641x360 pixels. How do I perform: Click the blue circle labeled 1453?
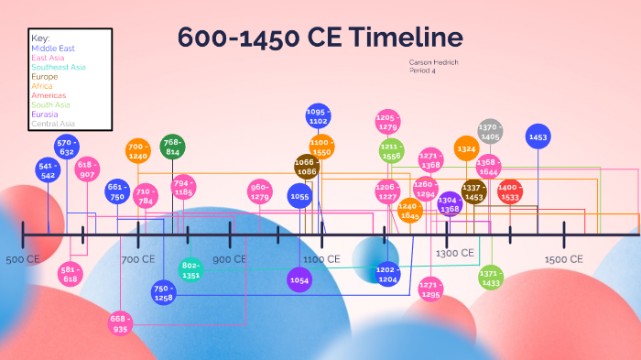tap(538, 136)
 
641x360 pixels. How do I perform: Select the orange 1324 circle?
tap(467, 148)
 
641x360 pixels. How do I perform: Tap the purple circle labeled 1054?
tap(299, 279)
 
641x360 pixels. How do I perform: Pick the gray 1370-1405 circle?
tap(490, 131)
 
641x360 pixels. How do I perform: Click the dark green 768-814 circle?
tap(172, 147)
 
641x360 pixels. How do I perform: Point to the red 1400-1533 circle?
tap(510, 191)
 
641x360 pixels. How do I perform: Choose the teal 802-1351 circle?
tap(190, 270)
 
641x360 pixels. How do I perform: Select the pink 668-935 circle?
tap(119, 322)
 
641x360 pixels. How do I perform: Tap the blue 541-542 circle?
tap(48, 170)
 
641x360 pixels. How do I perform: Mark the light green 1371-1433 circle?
tap(491, 278)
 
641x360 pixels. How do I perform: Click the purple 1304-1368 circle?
tap(450, 204)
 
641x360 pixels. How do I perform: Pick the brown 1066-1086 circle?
tap(306, 167)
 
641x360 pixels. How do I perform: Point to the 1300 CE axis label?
tap(454, 253)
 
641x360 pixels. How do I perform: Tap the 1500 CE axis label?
tap(563, 259)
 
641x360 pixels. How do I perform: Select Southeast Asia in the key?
tap(58, 67)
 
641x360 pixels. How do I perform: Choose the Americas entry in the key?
tap(48, 95)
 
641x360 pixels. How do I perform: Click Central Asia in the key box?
tap(53, 124)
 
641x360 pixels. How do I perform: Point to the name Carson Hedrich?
tap(433, 61)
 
